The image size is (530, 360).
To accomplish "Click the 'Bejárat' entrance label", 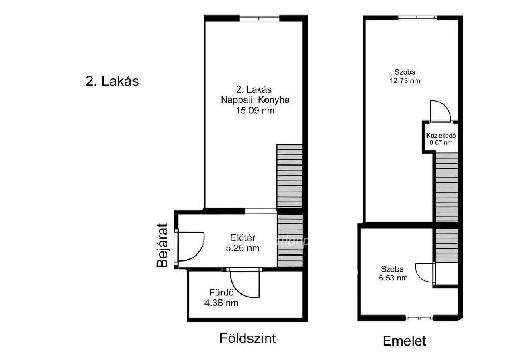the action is (162, 246).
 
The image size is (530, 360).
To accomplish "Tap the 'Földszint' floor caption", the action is (248, 338).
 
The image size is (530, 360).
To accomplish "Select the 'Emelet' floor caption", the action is (404, 341).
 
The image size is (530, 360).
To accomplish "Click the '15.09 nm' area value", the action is (255, 111).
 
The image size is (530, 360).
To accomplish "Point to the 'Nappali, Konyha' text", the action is (255, 100).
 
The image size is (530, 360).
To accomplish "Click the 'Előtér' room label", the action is (243, 238).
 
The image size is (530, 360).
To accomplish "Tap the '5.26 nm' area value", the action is (243, 248).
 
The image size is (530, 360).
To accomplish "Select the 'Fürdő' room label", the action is (222, 292).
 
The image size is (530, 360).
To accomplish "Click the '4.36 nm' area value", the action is (222, 303).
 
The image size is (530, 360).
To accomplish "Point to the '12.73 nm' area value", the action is (405, 81).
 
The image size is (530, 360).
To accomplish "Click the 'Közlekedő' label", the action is (441, 136).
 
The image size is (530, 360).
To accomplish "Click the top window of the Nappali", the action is (260, 19).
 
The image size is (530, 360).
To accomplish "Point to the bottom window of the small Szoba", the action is (419, 318).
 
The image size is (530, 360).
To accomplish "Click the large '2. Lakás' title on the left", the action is (112, 81).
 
